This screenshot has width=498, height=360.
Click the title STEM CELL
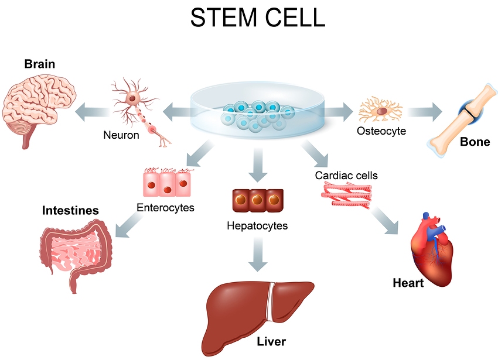(258, 17)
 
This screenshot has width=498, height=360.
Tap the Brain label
(40, 64)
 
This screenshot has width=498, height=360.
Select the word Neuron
(121, 135)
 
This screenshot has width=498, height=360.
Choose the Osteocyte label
(381, 131)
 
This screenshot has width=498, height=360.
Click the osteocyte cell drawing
(381, 111)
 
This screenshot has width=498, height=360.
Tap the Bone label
(475, 142)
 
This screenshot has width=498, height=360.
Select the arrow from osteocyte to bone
(425, 112)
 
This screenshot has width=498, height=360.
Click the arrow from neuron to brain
(93, 112)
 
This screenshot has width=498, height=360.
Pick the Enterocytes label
(165, 208)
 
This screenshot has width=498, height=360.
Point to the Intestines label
(70, 211)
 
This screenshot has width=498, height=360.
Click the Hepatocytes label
(257, 226)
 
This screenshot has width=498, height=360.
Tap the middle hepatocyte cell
(258, 200)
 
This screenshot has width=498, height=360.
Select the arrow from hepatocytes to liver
(258, 255)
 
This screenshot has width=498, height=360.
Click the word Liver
(271, 342)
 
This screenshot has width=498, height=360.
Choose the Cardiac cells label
(346, 175)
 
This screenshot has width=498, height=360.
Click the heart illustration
(431, 250)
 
